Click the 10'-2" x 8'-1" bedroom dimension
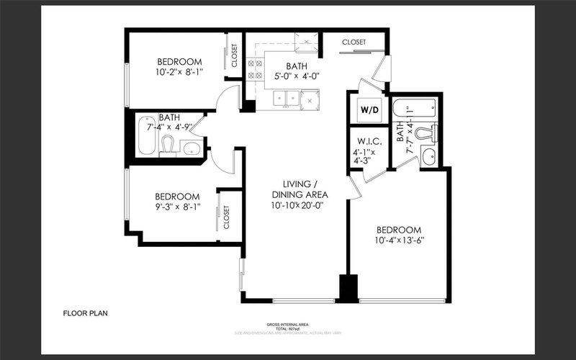coord(179,73)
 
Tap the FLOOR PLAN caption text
coord(86,313)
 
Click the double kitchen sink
coord(286,99)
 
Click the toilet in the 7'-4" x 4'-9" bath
coord(168,145)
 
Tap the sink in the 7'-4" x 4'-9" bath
coord(191,149)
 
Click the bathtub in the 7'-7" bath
coord(414,111)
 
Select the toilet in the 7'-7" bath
coord(433,133)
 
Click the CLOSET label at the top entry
coord(355,42)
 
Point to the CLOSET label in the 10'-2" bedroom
coord(235,55)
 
